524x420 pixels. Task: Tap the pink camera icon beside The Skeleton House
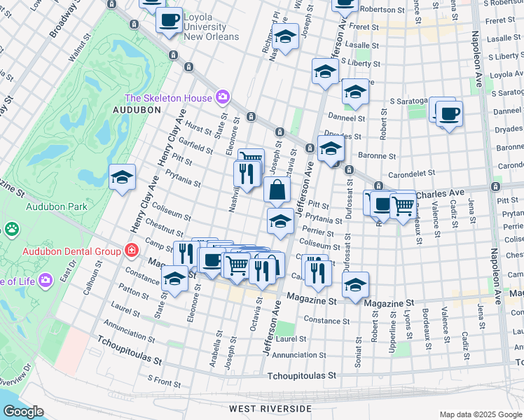(223, 96)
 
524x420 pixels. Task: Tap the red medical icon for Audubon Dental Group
(130, 250)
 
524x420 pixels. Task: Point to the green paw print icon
(11, 228)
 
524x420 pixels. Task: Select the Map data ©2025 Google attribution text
(481, 414)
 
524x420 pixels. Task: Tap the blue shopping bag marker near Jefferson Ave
(277, 189)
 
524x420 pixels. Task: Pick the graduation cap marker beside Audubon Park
(122, 178)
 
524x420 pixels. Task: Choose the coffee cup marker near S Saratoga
(449, 113)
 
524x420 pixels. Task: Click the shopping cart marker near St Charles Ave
(402, 206)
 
